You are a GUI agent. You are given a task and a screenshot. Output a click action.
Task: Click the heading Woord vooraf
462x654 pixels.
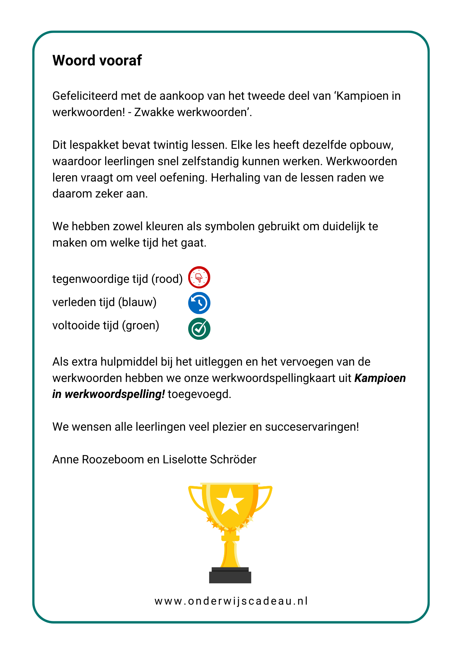97,60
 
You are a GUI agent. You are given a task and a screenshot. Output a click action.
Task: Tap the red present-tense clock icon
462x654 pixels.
199,277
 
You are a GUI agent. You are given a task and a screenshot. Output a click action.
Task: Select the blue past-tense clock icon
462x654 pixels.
199,303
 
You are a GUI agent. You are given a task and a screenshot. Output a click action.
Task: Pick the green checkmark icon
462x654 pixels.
199,329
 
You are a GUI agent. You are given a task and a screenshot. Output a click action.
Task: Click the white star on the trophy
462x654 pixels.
230,501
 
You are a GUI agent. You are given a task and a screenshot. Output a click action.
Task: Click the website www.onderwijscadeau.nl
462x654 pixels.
231,601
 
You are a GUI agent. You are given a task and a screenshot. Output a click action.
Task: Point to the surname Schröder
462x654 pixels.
233,459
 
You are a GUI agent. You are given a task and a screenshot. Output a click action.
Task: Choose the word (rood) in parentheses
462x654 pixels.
167,279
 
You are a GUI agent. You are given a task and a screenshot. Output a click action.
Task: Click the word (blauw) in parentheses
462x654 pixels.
137,302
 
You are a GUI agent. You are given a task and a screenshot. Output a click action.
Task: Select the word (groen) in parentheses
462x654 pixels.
140,325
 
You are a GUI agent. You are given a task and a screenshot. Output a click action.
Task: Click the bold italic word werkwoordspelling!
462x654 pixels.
115,394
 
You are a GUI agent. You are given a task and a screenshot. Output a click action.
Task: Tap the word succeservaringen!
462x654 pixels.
312,427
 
